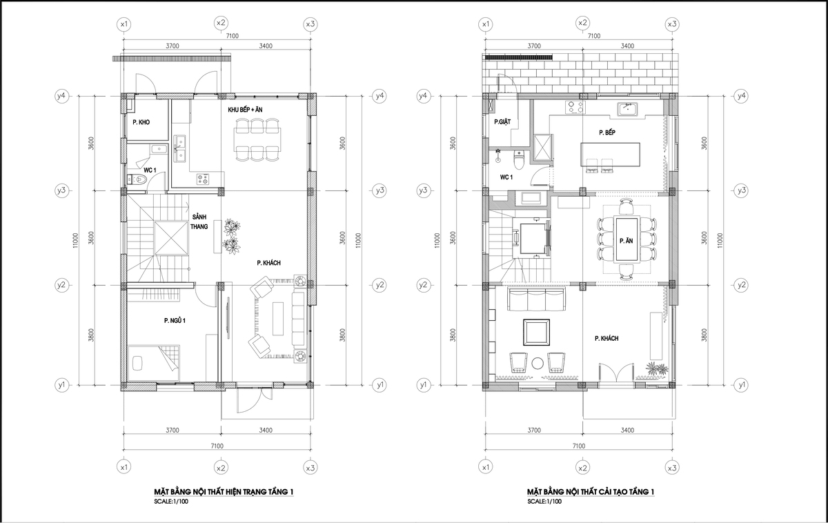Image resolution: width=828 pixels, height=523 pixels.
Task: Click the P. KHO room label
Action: click(x=141, y=122)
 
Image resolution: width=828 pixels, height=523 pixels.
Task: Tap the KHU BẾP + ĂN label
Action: click(x=245, y=110)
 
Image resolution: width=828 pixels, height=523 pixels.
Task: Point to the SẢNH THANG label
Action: click(x=199, y=221)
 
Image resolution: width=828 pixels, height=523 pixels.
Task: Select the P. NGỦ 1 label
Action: click(x=175, y=320)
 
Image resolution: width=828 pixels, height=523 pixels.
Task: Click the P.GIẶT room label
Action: click(x=502, y=121)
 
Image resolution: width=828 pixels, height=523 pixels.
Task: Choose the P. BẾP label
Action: click(x=607, y=132)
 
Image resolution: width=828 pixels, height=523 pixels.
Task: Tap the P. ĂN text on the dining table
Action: click(x=627, y=241)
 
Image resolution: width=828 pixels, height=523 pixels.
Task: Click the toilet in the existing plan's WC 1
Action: click(x=137, y=179)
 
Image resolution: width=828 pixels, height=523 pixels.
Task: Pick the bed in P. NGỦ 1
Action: click(x=154, y=364)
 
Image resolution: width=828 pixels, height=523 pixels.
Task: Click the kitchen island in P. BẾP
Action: click(x=610, y=155)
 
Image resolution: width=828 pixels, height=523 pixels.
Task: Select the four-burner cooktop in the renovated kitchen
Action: click(x=575, y=107)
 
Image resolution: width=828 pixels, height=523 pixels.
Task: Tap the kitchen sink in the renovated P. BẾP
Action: click(x=627, y=110)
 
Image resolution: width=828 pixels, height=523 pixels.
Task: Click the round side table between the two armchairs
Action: click(x=538, y=364)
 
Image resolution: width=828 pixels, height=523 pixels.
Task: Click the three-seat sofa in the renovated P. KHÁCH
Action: click(x=536, y=299)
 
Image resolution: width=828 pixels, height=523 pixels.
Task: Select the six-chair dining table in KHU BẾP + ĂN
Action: click(x=257, y=139)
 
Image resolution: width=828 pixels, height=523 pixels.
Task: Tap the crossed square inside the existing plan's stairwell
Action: click(x=171, y=237)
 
